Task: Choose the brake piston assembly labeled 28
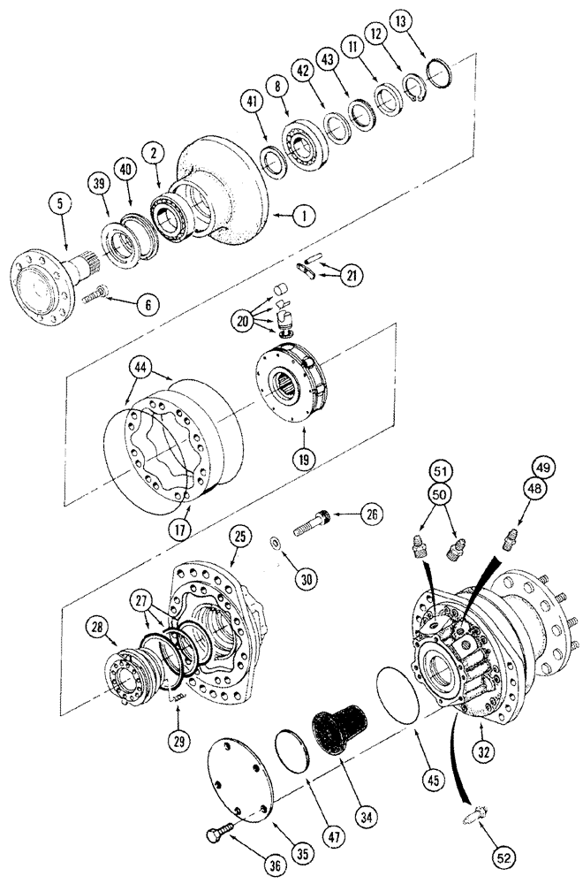point(129,670)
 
